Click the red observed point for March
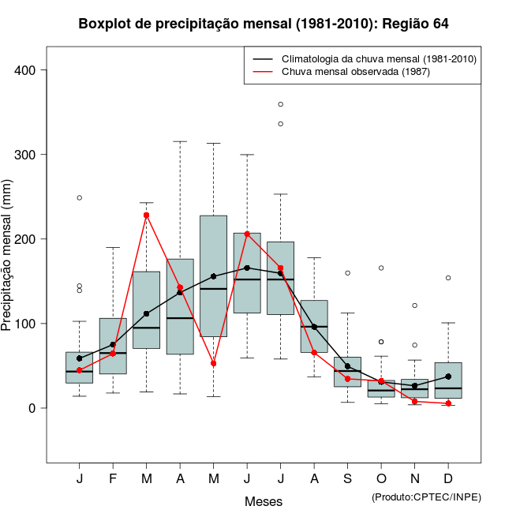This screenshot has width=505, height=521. (x=146, y=215)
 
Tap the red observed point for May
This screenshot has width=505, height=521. (x=213, y=364)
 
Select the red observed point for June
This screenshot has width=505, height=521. (x=247, y=234)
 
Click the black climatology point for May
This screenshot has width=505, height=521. (x=213, y=276)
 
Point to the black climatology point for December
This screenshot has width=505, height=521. (x=448, y=377)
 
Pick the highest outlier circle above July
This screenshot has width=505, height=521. (x=280, y=104)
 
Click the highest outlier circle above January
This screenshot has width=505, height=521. (x=80, y=197)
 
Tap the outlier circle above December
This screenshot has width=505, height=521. (x=448, y=278)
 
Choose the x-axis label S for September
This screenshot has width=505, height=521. (x=347, y=480)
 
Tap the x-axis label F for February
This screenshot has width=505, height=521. (x=113, y=480)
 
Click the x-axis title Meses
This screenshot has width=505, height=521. (x=264, y=501)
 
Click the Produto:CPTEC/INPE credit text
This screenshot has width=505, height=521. (x=425, y=497)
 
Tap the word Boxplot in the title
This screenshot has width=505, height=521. (x=104, y=24)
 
